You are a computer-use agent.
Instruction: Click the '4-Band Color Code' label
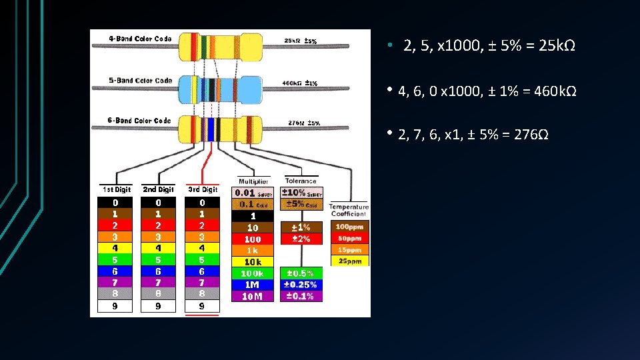(140, 39)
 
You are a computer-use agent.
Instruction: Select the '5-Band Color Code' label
(140, 81)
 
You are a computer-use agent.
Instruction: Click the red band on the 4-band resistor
(195, 46)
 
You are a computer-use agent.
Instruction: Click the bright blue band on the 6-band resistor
(210, 129)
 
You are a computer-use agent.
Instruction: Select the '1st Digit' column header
(116, 190)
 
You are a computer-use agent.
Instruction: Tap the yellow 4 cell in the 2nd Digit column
(158, 248)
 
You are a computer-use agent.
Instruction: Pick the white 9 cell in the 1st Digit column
(116, 306)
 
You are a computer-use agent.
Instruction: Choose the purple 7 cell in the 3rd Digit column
(201, 283)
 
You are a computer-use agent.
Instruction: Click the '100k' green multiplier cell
(252, 273)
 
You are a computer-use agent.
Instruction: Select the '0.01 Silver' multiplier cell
(252, 193)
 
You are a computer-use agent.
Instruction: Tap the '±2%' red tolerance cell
(301, 239)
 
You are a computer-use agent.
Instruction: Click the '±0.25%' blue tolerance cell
(301, 285)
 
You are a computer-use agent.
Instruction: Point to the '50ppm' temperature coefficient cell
(349, 238)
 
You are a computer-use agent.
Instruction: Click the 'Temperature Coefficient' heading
(348, 210)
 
